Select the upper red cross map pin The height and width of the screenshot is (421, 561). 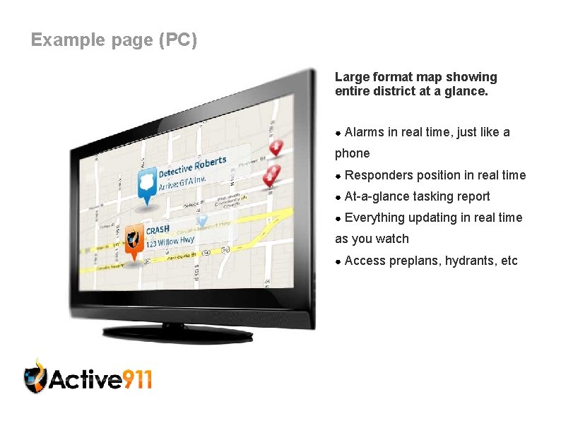pos(276,148)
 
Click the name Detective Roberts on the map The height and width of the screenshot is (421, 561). pos(192,167)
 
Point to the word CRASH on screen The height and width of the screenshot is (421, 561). pos(158,230)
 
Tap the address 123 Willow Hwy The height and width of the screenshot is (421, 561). pos(170,242)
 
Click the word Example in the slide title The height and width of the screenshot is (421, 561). pos(67,40)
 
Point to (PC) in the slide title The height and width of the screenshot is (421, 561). pos(179,40)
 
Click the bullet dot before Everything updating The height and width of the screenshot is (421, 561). pos(338,218)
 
